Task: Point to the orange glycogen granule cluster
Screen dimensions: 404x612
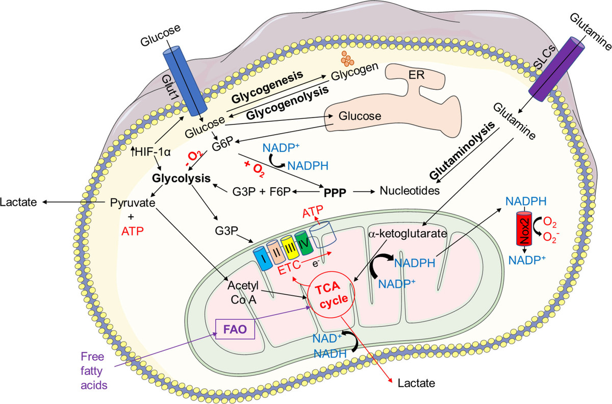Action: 347,58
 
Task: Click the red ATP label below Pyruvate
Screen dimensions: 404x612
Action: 132,231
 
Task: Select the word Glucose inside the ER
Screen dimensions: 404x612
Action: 361,116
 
